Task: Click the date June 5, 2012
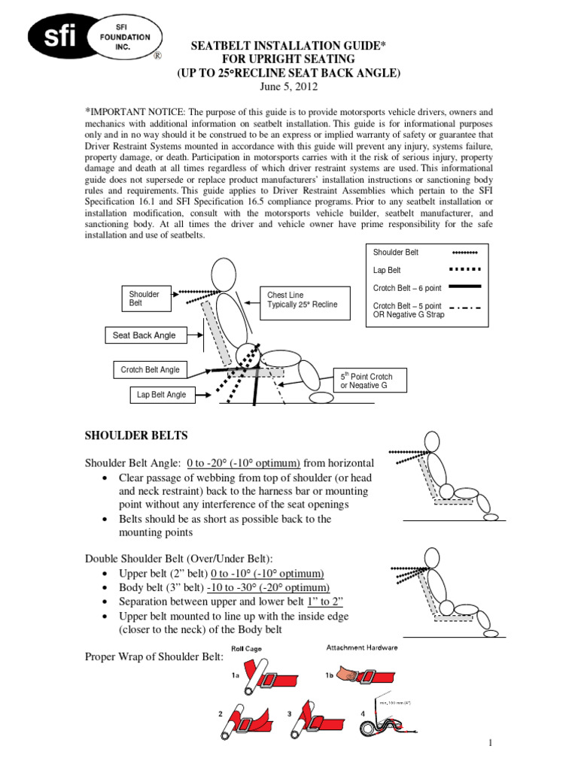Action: pos(289,86)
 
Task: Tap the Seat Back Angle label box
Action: pos(144,335)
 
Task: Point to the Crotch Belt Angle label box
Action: pos(151,370)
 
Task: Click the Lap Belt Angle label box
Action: pos(161,395)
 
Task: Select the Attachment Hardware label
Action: pos(362,647)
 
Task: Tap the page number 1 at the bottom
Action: pos(490,743)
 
